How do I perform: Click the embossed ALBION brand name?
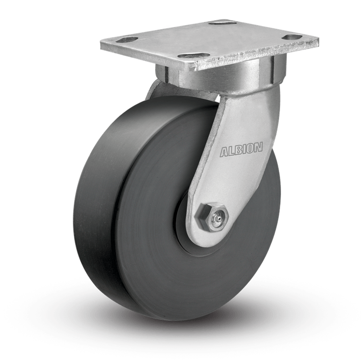(241, 150)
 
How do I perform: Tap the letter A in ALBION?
(224, 152)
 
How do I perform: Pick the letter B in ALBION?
(238, 150)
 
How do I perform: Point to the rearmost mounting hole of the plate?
(223, 23)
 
